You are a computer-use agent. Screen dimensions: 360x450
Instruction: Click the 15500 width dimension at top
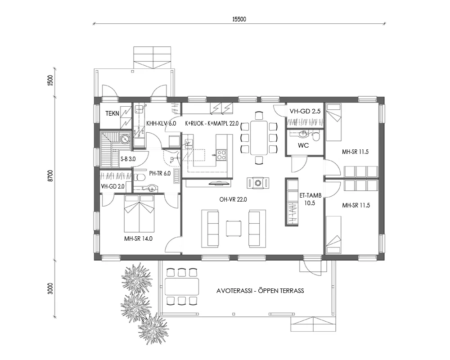click(239, 19)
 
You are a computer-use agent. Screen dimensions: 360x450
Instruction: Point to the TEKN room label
click(112, 114)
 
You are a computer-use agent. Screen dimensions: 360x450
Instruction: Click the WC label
click(303, 145)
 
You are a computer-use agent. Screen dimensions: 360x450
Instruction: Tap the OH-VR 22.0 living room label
click(234, 199)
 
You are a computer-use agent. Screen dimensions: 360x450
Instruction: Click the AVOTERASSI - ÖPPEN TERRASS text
click(260, 291)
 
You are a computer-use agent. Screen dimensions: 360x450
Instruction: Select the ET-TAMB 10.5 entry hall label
click(307, 199)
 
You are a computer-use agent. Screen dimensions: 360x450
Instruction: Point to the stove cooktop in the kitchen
click(222, 155)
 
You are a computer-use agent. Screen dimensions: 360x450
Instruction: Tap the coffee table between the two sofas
click(234, 228)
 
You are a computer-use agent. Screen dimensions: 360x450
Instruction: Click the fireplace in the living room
click(258, 182)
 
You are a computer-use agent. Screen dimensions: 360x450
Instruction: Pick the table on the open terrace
click(181, 286)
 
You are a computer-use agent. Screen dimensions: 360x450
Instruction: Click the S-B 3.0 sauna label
click(128, 159)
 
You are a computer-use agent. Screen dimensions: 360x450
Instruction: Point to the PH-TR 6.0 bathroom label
click(159, 173)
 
